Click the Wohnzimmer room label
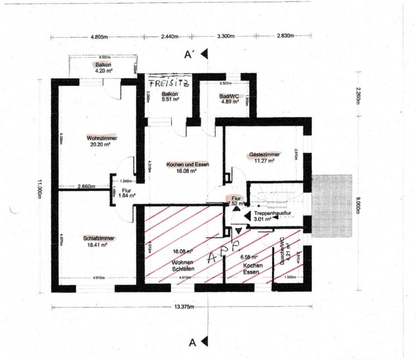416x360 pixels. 102,138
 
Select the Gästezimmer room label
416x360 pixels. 264,154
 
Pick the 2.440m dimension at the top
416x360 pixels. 169,37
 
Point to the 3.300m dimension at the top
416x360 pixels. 225,37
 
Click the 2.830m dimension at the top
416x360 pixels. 285,36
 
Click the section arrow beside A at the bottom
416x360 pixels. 204,342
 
